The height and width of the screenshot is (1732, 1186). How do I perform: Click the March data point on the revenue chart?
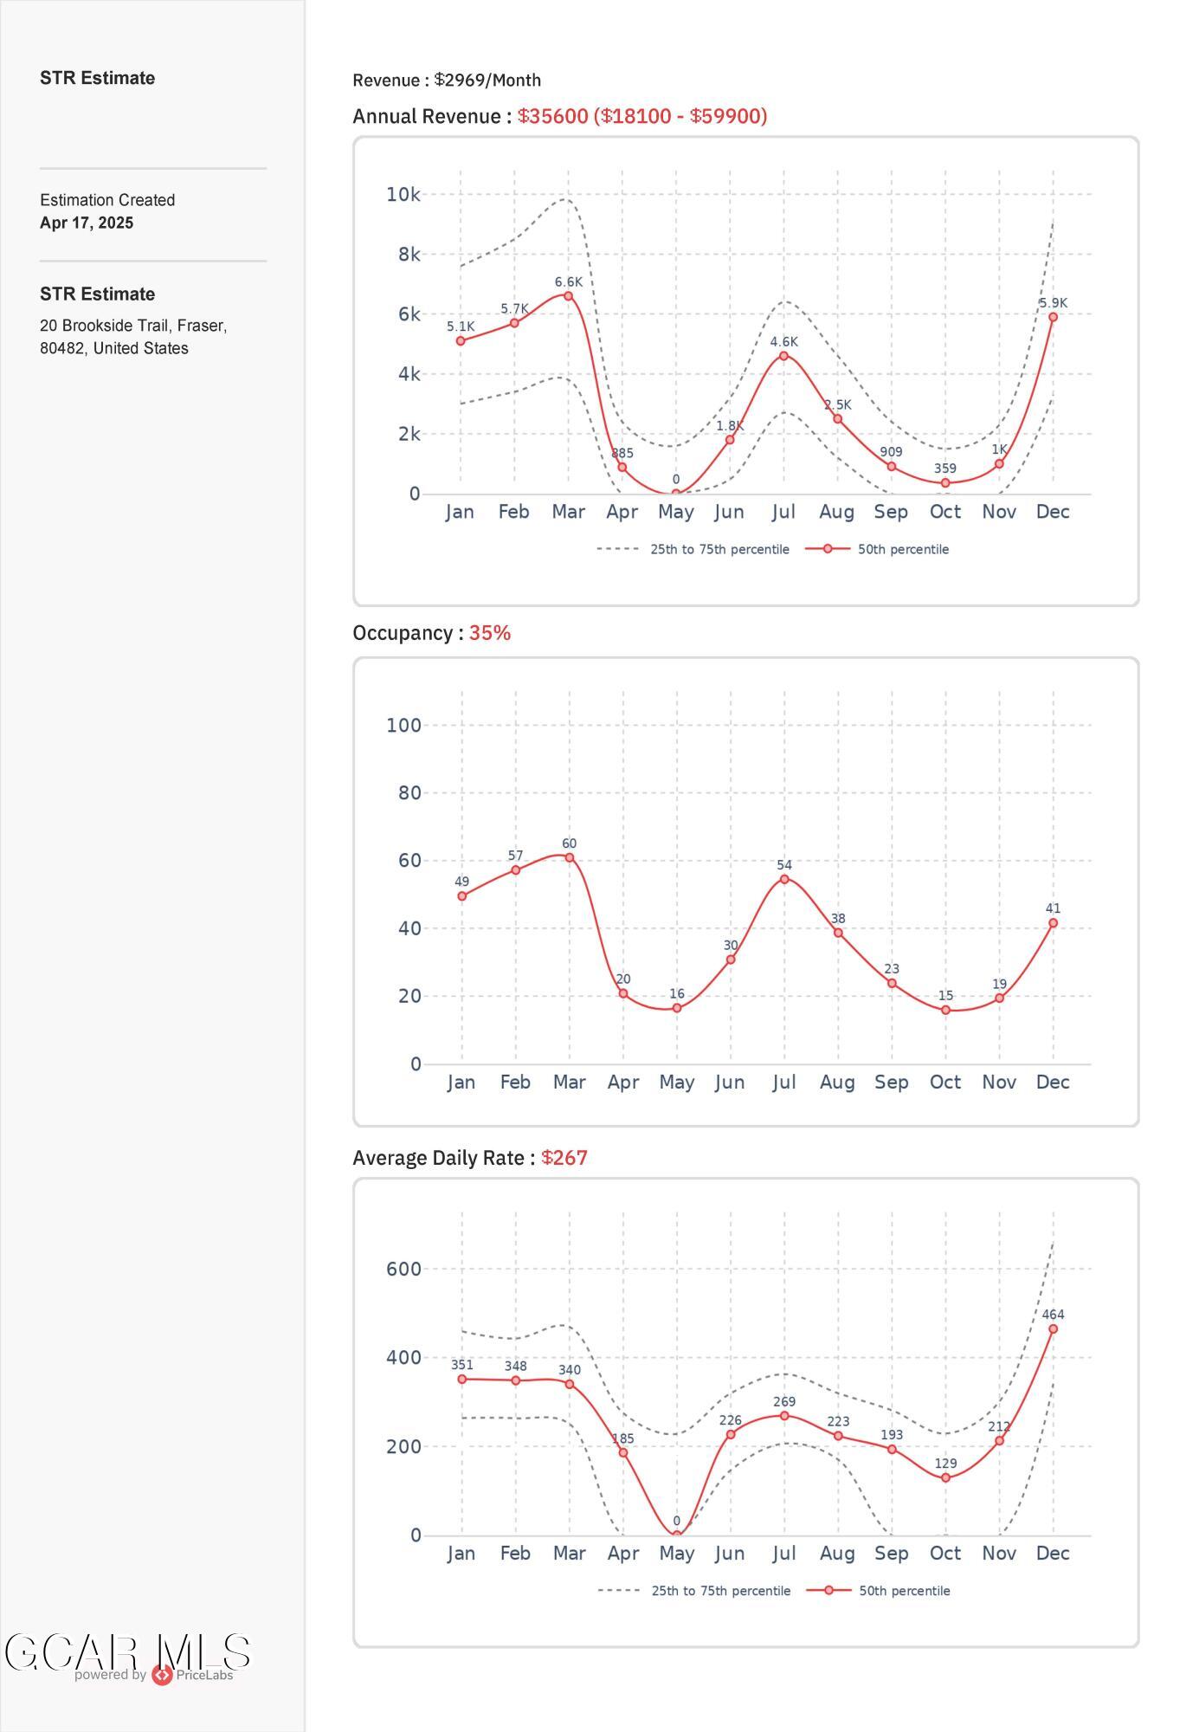coord(568,296)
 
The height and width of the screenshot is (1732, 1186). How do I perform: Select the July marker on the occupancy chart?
coord(784,879)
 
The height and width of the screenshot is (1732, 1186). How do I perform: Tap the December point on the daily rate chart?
coord(1053,1328)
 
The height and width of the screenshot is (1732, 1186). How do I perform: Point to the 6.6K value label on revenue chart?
coord(568,282)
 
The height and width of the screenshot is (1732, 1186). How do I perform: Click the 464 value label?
coord(1053,1315)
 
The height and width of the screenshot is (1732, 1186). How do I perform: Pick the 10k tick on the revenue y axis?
coord(403,195)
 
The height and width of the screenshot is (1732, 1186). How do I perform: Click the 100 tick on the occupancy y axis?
coord(403,725)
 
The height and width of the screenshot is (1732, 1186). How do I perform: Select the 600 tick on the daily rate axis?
coord(403,1269)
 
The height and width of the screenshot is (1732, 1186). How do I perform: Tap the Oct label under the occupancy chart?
coord(945,1082)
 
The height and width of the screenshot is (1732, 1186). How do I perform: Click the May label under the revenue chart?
coord(675,512)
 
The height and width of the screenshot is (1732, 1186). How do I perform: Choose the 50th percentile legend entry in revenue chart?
coord(902,549)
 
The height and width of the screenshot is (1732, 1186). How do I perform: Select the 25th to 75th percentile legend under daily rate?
coord(720,1591)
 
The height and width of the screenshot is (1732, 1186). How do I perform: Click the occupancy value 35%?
coord(490,633)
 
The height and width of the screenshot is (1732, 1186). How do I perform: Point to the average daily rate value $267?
coord(564,1158)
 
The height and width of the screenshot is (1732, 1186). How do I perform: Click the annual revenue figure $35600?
coord(552,116)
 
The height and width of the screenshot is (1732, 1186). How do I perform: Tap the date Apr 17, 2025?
coord(87,223)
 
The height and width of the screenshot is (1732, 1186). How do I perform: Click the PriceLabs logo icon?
coord(162,1675)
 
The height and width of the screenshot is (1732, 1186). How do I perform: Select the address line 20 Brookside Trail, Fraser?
coord(133,326)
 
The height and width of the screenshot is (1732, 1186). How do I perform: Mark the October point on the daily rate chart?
coord(945,1477)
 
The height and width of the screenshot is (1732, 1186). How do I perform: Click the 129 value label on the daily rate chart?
coord(945,1464)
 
